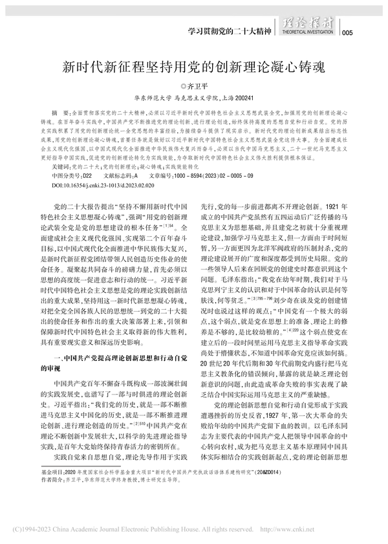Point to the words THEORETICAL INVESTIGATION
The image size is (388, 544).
pyautogui.click(x=317, y=31)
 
